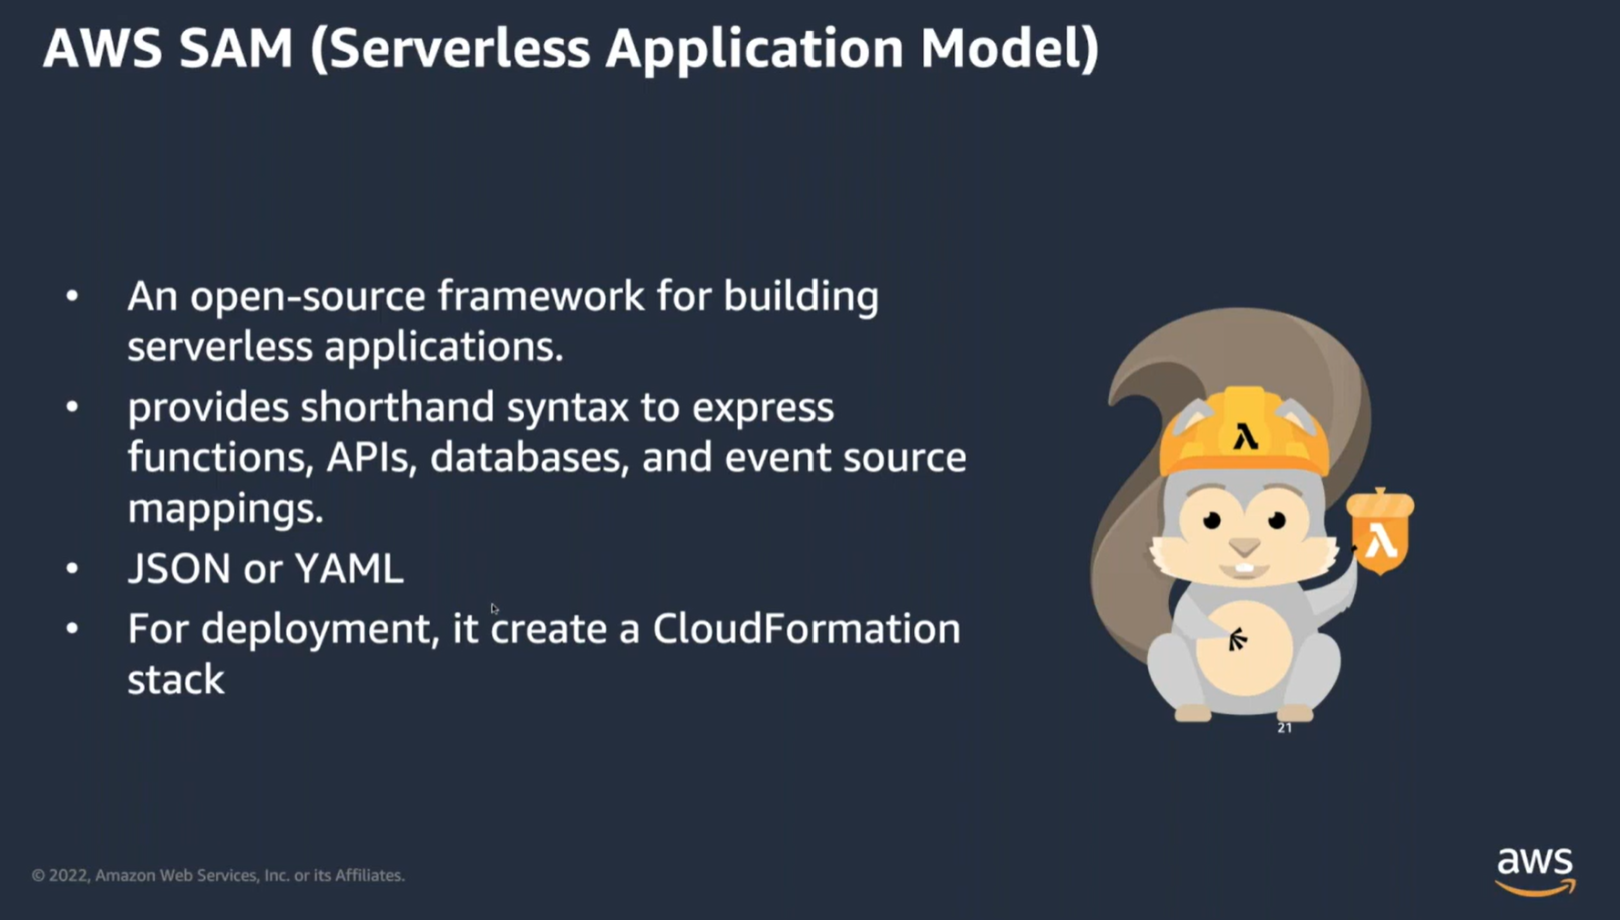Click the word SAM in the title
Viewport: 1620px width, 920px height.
coord(235,48)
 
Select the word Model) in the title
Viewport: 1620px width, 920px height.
coord(1010,48)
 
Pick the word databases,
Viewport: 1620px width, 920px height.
coord(529,457)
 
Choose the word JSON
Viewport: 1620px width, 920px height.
coord(179,568)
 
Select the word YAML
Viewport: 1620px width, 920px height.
coord(349,568)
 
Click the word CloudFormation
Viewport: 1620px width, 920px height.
coord(806,629)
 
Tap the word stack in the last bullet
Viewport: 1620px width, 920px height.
coord(176,680)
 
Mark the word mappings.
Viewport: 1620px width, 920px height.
coord(225,508)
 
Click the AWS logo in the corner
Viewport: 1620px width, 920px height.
coord(1535,870)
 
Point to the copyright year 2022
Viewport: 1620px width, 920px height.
coord(68,875)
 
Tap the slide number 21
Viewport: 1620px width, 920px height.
coord(1285,728)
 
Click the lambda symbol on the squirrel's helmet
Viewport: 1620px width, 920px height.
coord(1246,436)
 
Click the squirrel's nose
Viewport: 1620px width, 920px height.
coord(1245,547)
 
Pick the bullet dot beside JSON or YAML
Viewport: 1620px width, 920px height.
coord(72,568)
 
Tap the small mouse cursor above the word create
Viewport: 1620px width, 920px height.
coord(494,608)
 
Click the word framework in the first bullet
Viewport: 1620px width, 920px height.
coord(540,297)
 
